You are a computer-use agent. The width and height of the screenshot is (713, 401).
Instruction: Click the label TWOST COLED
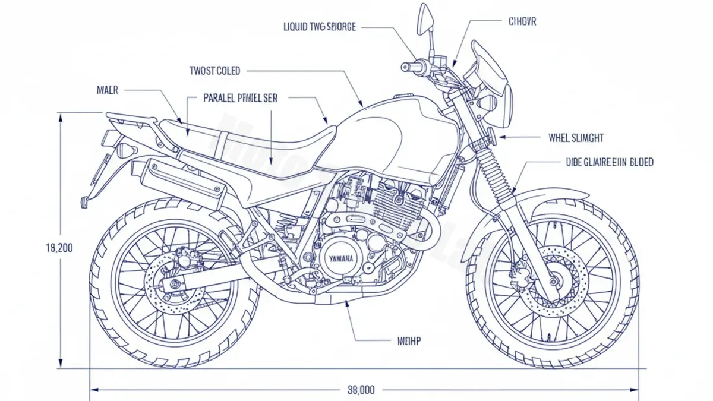pos(214,71)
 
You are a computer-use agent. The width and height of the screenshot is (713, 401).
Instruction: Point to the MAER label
pos(107,90)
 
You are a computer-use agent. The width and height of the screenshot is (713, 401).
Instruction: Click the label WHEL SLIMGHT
pos(575,138)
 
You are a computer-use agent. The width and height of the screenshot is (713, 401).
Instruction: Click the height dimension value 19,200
pos(59,248)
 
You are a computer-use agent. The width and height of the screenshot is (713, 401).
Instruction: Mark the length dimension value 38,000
pos(360,390)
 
